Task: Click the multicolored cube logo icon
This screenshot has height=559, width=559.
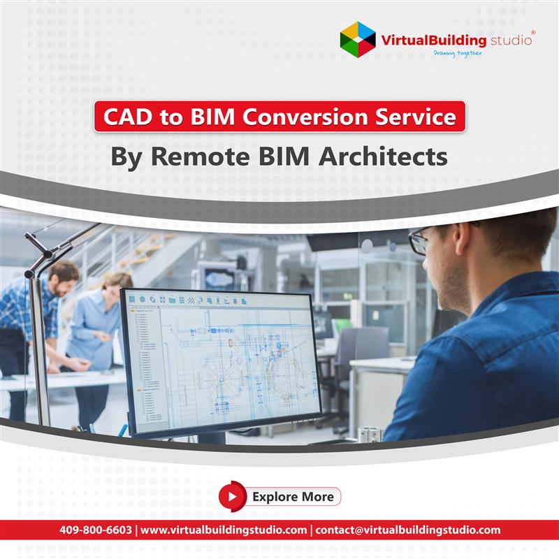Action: point(358,40)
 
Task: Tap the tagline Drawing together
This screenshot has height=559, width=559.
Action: point(457,54)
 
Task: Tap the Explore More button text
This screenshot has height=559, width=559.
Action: point(293,497)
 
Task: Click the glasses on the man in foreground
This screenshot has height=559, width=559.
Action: point(419,242)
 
